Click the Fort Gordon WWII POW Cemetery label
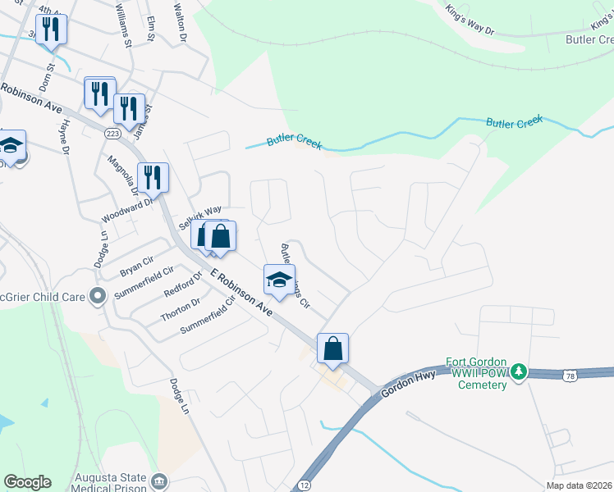click(x=481, y=373)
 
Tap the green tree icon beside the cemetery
click(x=518, y=373)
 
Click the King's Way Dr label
click(x=470, y=20)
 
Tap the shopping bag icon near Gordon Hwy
click(x=333, y=348)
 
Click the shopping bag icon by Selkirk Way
click(x=221, y=237)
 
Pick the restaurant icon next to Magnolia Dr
click(x=153, y=177)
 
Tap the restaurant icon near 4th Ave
click(x=52, y=29)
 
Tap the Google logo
click(x=28, y=482)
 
